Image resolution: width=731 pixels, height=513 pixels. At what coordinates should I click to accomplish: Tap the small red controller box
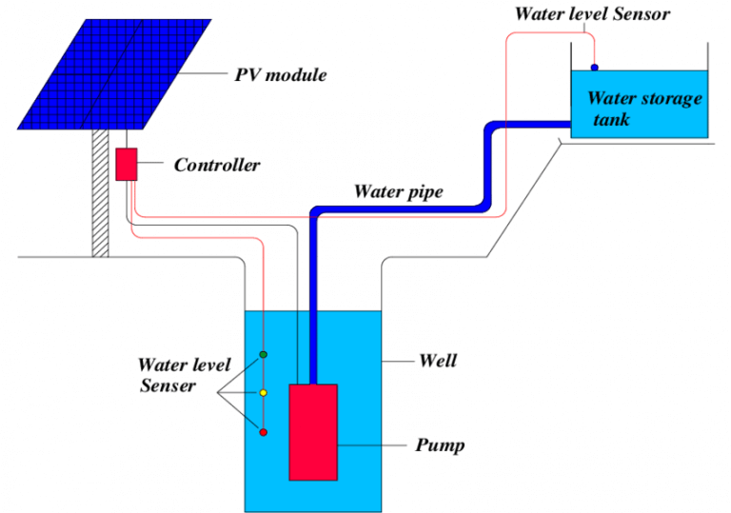click(127, 164)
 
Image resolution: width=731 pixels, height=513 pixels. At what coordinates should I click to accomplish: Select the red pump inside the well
click(313, 431)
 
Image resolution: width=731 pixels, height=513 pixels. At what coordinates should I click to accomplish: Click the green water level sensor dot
click(264, 355)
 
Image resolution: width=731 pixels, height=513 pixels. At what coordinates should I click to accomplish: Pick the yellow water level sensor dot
click(264, 393)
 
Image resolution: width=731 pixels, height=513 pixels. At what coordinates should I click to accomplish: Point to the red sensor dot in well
click(264, 432)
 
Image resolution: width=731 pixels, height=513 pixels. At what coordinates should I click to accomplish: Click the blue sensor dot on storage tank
click(595, 68)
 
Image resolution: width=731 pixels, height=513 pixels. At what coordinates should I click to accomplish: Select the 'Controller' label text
click(216, 166)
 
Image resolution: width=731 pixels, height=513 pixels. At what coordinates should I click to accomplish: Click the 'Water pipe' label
click(399, 191)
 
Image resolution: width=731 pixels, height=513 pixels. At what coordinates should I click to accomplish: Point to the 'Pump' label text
click(440, 444)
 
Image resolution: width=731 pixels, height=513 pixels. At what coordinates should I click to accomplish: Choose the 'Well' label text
click(438, 361)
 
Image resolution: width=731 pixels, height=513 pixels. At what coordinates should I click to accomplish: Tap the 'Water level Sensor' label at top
click(592, 13)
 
